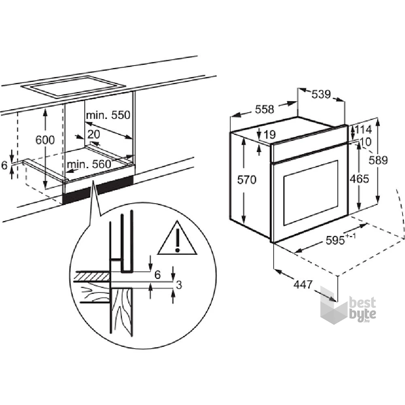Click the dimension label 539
click(x=321, y=94)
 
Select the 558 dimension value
click(x=264, y=109)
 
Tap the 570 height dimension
click(x=247, y=179)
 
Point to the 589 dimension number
click(x=378, y=160)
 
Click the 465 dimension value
click(x=359, y=179)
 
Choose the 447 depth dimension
click(x=303, y=285)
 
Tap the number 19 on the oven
click(x=270, y=134)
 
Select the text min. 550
click(x=108, y=115)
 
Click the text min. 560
click(x=89, y=164)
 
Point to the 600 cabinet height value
click(x=45, y=140)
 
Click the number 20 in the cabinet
click(x=94, y=134)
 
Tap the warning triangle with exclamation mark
click(x=177, y=238)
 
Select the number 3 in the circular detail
click(x=179, y=285)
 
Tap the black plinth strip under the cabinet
click(x=98, y=190)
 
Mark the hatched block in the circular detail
click(x=92, y=277)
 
